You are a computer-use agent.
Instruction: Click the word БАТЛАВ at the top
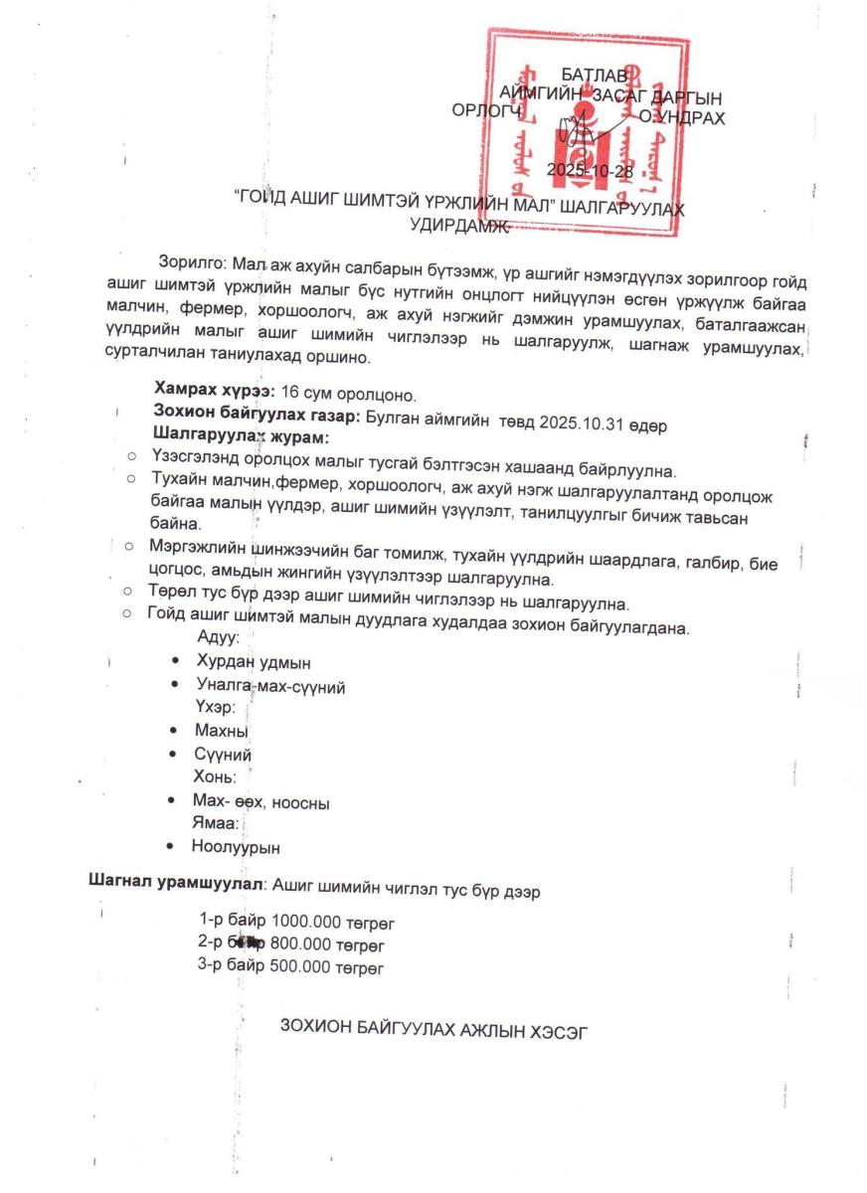(594, 76)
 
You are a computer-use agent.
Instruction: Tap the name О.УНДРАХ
(682, 117)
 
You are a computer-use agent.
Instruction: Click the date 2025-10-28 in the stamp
(590, 171)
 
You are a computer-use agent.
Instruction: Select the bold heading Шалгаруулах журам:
(241, 436)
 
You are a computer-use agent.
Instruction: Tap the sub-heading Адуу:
(218, 638)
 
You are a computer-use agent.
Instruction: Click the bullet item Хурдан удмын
(246, 662)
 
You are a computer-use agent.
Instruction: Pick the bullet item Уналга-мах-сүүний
(270, 686)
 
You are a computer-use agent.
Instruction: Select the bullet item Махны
(221, 732)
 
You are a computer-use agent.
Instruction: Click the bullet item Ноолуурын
(236, 848)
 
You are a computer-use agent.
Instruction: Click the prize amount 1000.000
(305, 921)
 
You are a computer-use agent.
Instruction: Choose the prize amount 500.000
(301, 966)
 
